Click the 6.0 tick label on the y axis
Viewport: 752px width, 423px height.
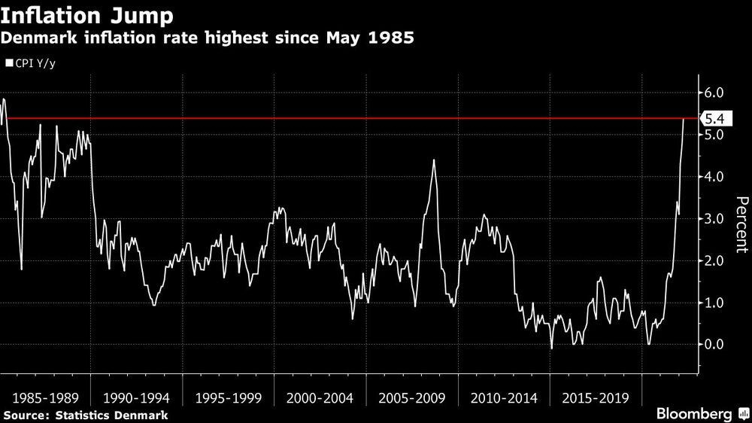(714, 93)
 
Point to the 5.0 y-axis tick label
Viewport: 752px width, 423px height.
(714, 135)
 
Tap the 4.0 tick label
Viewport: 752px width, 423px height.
(714, 177)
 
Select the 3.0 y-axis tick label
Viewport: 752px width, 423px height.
(714, 219)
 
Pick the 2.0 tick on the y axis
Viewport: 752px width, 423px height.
(714, 261)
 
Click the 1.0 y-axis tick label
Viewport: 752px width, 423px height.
(714, 303)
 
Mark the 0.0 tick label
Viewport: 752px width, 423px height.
(714, 345)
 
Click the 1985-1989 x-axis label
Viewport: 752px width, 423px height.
(44, 397)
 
